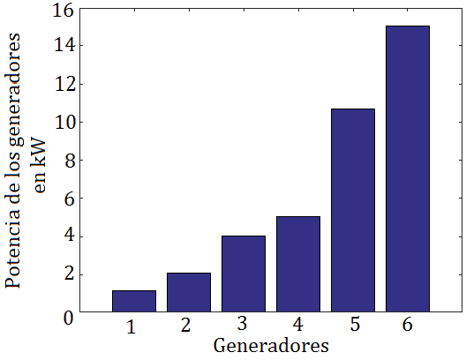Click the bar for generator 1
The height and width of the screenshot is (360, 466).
pyautogui.click(x=134, y=301)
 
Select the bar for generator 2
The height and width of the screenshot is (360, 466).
pyautogui.click(x=189, y=292)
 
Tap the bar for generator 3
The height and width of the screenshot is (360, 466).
pyautogui.click(x=244, y=274)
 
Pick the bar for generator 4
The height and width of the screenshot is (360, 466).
pyautogui.click(x=298, y=264)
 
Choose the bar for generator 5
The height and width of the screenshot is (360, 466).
pyautogui.click(x=353, y=210)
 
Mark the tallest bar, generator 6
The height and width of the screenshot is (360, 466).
pyautogui.click(x=408, y=169)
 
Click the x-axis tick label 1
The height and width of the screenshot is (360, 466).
pyautogui.click(x=131, y=326)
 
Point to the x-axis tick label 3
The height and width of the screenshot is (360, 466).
pyautogui.click(x=241, y=325)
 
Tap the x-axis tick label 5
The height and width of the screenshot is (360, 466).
pyautogui.click(x=354, y=325)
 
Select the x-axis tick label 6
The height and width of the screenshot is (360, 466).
pyautogui.click(x=408, y=325)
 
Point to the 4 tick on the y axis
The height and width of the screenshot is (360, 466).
pyautogui.click(x=68, y=236)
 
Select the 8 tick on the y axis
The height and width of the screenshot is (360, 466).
pyautogui.click(x=68, y=161)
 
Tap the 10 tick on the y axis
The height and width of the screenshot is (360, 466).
pyautogui.click(x=63, y=122)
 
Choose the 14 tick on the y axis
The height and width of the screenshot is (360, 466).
pyautogui.click(x=63, y=46)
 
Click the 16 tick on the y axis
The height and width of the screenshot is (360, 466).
pyautogui.click(x=63, y=11)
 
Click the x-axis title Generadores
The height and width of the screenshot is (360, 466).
pyautogui.click(x=271, y=344)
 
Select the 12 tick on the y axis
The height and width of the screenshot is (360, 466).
pyautogui.click(x=63, y=84)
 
